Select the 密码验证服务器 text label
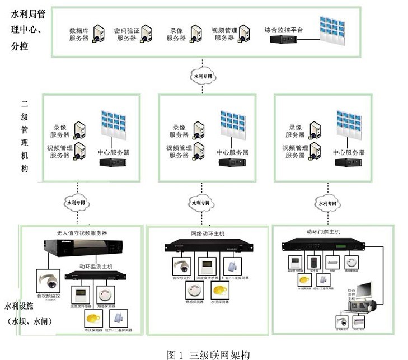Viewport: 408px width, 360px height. tap(125, 34)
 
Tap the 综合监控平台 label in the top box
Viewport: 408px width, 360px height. tap(284, 30)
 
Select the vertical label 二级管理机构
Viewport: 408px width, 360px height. tap(25, 136)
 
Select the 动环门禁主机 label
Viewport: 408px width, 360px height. tap(323, 231)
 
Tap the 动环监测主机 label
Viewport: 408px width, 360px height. tap(96, 267)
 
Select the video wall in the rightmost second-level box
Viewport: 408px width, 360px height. tap(348, 124)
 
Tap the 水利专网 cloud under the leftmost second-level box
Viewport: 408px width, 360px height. tap(76, 203)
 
